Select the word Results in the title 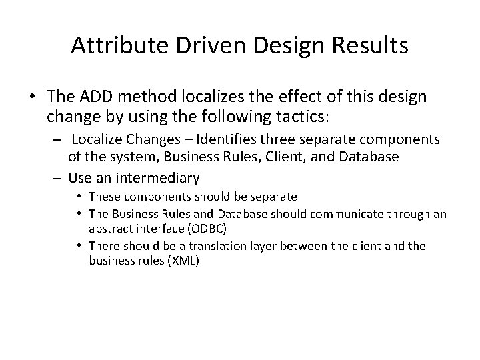pyautogui.click(x=370, y=47)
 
